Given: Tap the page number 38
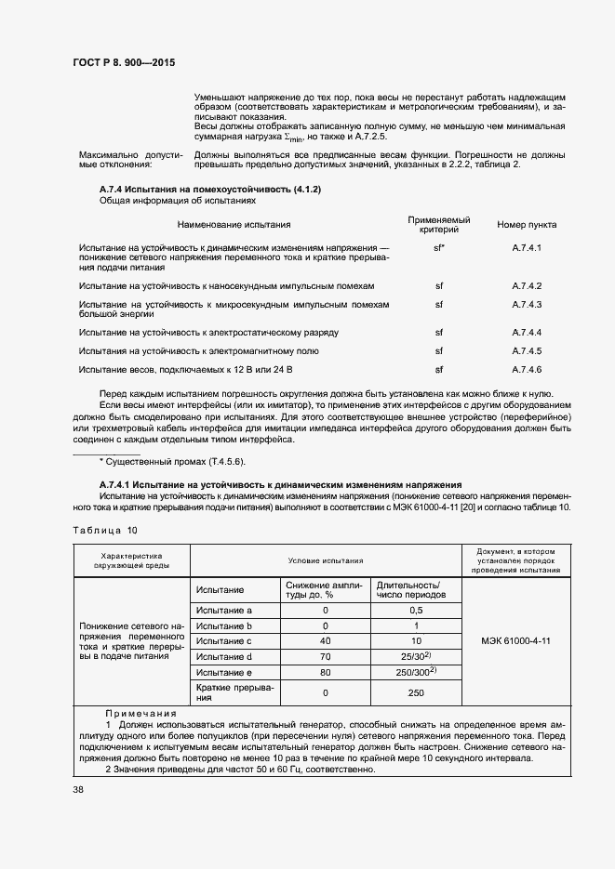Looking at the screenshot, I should [78, 790].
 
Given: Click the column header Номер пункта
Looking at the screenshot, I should [527, 224].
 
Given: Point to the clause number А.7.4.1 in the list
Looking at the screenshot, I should [527, 248].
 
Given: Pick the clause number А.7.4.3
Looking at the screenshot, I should [527, 305].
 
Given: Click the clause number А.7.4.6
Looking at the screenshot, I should [527, 370].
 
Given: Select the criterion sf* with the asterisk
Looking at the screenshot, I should [439, 248].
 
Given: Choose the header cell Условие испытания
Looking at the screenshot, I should [326, 561].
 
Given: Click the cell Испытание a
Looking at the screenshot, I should [224, 610].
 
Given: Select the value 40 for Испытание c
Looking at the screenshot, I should [326, 641].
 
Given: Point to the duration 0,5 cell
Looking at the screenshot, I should [416, 610].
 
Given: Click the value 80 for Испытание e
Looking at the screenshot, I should [326, 673].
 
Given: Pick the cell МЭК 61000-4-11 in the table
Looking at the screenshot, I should [515, 641].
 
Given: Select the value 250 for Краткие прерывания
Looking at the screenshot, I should [416, 693].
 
